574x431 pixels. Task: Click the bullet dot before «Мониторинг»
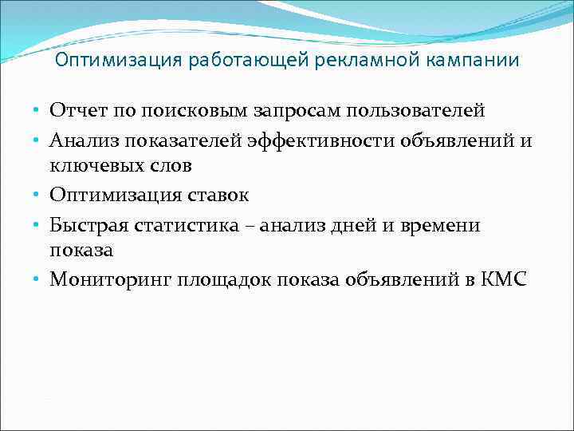pyautogui.click(x=37, y=279)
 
